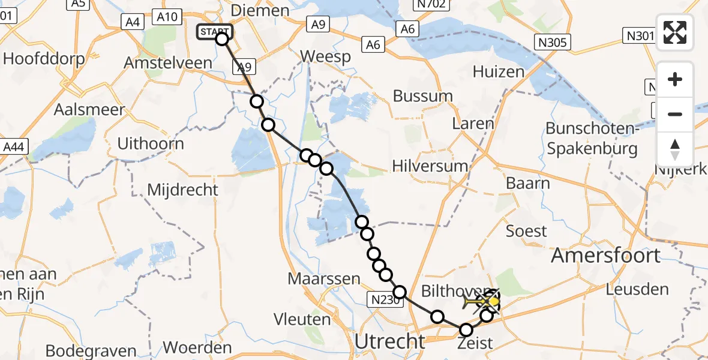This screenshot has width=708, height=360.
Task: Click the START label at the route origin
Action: [x=214, y=31]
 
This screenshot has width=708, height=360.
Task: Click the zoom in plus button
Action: [x=675, y=79]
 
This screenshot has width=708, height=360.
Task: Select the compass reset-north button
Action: [x=675, y=149]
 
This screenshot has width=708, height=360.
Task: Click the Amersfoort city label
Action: [x=605, y=256]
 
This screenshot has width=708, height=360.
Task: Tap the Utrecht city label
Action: [x=390, y=341]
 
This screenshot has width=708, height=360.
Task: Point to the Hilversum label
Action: [x=430, y=166]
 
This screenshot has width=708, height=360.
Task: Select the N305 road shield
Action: [x=553, y=42]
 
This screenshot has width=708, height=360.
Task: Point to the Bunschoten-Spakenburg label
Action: [x=591, y=139]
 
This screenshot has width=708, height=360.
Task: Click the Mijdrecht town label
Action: [x=183, y=190]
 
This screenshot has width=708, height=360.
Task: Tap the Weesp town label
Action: [x=325, y=56]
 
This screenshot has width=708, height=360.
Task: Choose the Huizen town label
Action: [x=498, y=72]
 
